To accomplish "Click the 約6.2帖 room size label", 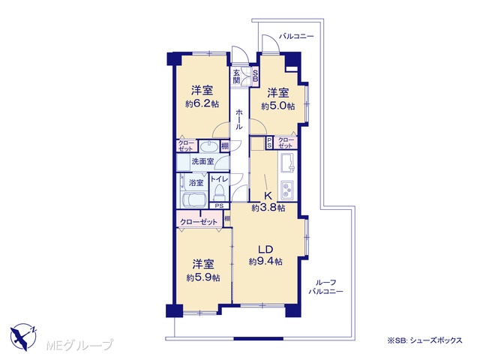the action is [202, 103].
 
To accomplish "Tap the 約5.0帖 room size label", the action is [278, 106].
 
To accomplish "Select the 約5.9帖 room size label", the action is [203, 277].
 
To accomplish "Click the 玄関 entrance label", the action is [236, 76].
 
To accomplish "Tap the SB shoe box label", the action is [255, 76].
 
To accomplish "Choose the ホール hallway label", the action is [239, 119].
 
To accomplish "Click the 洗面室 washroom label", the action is [202, 161].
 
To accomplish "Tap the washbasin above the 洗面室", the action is [208, 146].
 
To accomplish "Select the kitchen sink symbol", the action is [287, 162].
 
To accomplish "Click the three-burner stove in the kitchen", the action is [287, 190].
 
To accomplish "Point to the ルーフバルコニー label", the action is [325, 286].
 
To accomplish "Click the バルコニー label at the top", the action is [296, 37].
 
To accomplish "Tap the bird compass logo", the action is [23, 337].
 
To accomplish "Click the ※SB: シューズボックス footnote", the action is [425, 340].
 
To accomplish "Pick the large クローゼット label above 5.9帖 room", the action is [199, 222].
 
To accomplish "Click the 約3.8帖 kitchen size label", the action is [268, 208].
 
